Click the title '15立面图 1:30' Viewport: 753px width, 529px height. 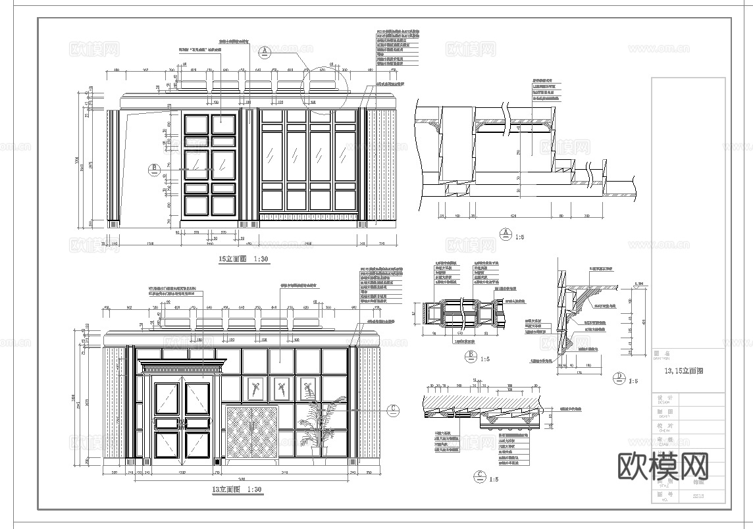(244, 260)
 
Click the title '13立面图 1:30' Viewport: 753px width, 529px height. (237, 490)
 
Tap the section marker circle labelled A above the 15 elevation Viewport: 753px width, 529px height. (265, 51)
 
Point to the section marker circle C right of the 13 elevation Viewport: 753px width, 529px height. (393, 409)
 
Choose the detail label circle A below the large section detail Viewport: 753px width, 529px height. (506, 232)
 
